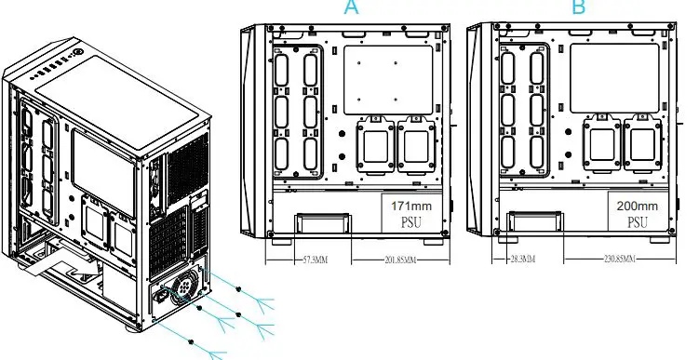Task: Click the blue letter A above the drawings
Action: click(351, 7)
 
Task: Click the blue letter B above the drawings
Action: click(580, 7)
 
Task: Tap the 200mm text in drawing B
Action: click(639, 206)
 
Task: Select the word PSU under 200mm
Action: click(639, 222)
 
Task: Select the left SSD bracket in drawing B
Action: click(599, 147)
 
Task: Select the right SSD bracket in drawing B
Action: click(640, 147)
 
